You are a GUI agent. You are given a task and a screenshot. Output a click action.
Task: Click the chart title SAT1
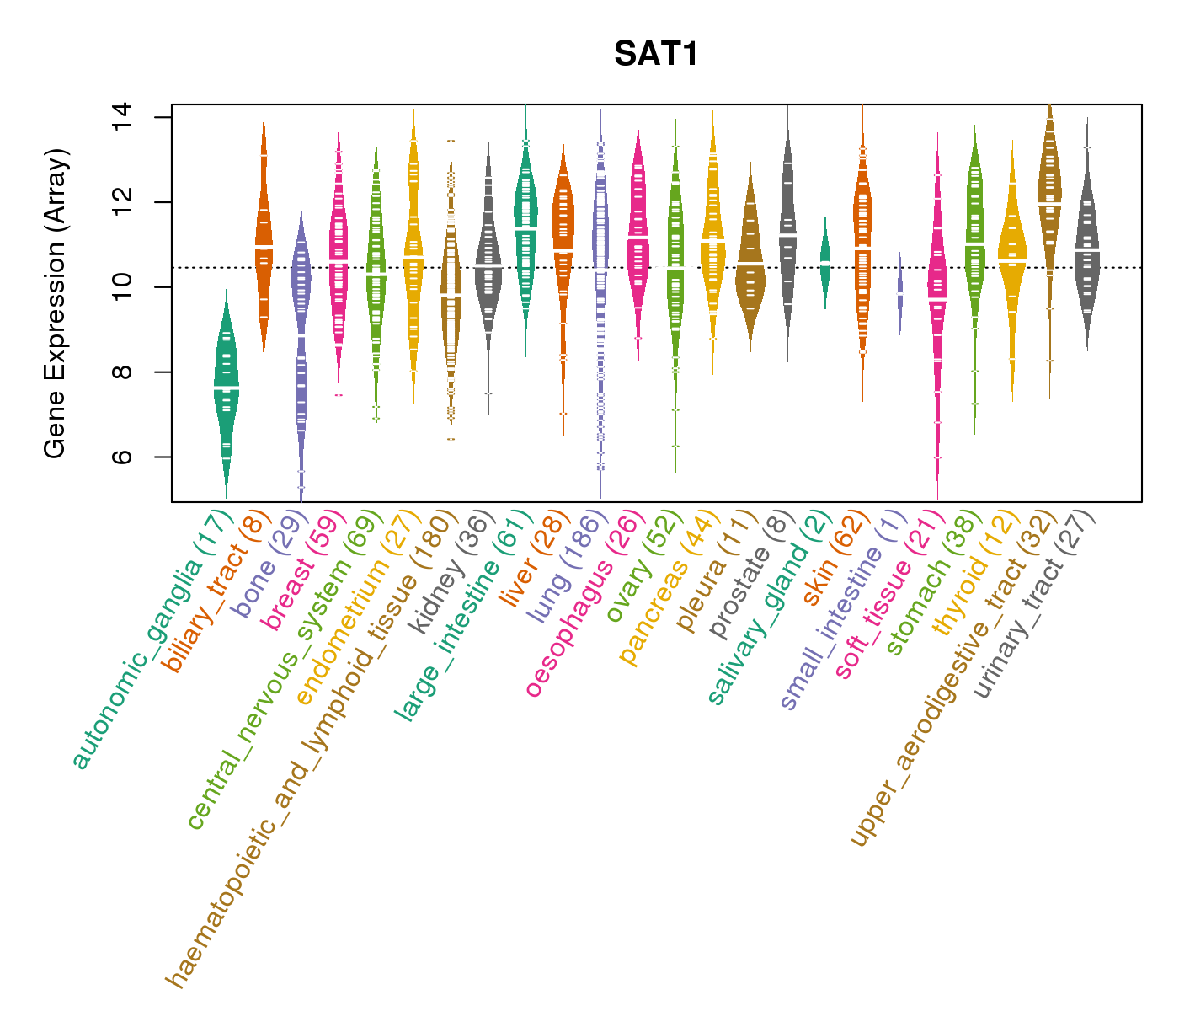[656, 54]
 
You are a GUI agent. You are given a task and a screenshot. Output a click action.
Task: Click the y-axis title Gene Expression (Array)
[56, 303]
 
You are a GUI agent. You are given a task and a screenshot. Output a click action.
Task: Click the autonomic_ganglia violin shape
[226, 388]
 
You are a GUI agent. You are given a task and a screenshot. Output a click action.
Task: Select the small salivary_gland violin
[825, 261]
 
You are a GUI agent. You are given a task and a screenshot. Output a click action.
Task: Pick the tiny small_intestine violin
[900, 293]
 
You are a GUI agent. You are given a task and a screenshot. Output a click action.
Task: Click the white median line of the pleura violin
[750, 264]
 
